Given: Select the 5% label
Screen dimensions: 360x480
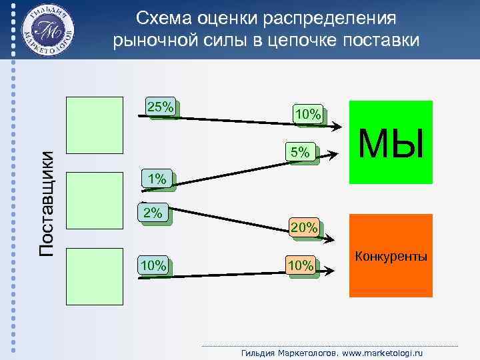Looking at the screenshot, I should click(x=299, y=153).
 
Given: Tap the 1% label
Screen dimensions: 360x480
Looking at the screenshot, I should click(x=157, y=179).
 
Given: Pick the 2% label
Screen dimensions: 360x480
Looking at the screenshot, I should click(x=153, y=213).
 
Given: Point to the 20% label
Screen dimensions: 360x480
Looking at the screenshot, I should click(x=303, y=228).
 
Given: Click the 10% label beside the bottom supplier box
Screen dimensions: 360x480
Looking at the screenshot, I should click(x=153, y=266).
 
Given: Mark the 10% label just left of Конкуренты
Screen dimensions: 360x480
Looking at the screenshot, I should click(x=299, y=266).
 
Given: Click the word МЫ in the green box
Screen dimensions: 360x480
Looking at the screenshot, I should click(x=391, y=143).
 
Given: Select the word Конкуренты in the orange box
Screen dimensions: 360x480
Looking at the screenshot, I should click(x=391, y=257).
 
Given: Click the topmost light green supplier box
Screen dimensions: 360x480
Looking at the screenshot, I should click(x=95, y=126).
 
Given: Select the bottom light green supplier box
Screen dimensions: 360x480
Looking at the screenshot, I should click(x=95, y=277).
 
